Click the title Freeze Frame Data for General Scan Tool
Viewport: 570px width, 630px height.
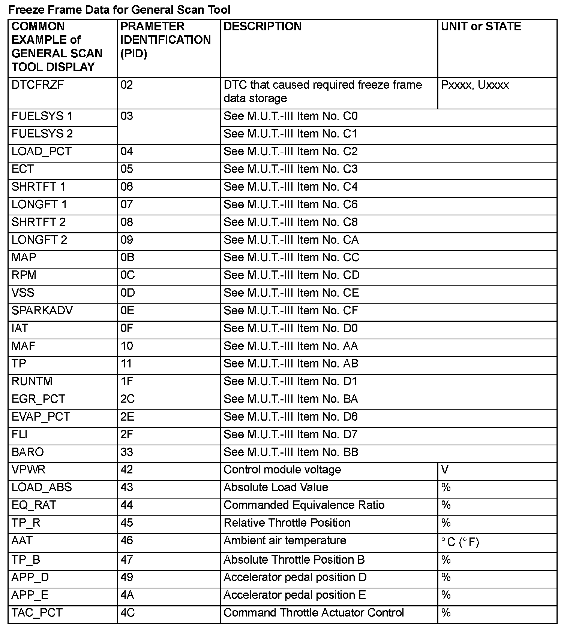119,10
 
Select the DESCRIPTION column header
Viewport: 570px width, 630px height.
262,26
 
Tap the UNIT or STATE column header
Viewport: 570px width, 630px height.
481,26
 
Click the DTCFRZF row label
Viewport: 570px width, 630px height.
37,85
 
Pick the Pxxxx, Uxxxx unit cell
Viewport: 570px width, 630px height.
475,85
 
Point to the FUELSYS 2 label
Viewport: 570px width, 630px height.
42,134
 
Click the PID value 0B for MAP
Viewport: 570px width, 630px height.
127,257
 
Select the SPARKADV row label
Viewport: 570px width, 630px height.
42,311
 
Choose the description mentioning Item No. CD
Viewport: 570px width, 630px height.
291,275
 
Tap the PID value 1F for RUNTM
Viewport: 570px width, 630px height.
127,381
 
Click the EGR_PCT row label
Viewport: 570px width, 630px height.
38,399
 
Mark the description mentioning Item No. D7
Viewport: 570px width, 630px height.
291,434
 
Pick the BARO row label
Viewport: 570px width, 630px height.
28,452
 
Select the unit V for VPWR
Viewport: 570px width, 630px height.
445,470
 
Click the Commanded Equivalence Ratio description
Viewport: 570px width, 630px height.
304,505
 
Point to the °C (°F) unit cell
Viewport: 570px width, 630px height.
460,542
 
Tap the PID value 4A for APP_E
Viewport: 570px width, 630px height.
127,595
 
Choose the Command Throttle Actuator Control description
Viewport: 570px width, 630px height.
313,613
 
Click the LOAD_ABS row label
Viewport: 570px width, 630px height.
41,487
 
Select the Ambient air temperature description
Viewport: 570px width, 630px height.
285,540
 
